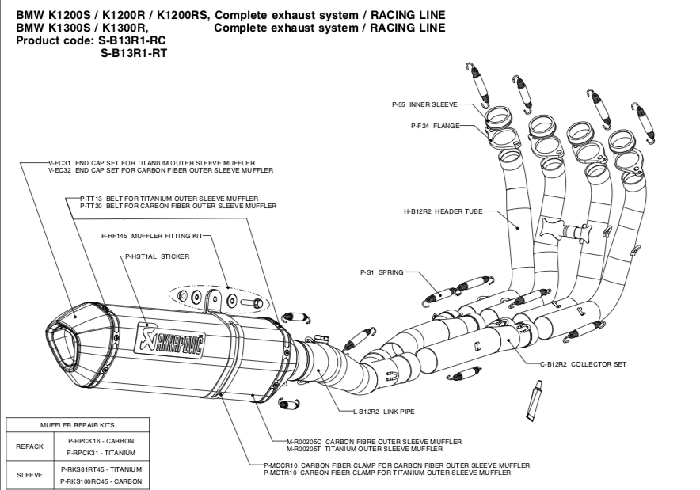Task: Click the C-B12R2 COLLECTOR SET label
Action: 583,364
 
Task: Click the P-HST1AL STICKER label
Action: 158,256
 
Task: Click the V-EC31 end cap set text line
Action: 159,163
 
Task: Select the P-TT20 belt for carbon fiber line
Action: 178,206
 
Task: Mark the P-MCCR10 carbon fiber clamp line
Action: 396,465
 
